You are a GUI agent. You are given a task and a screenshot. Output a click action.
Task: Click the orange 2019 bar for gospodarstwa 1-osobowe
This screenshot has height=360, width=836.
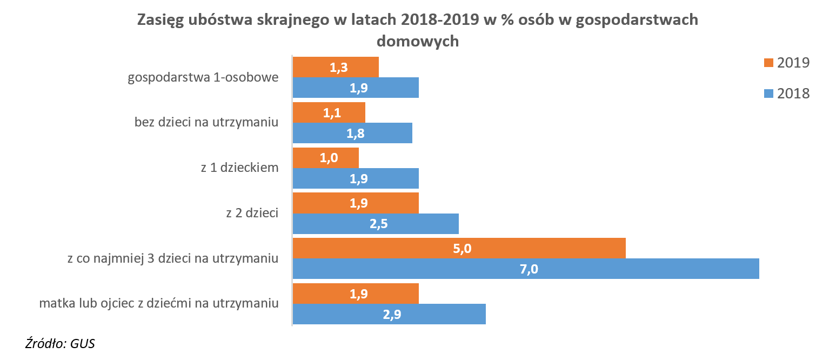pos(336,67)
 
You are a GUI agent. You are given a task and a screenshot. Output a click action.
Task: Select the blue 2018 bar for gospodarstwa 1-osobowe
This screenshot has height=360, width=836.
pos(356,88)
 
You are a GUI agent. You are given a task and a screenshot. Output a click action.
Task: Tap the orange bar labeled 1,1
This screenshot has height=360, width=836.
pos(329,112)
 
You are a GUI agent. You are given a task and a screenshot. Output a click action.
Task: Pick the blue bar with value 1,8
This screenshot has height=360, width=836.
pos(352,133)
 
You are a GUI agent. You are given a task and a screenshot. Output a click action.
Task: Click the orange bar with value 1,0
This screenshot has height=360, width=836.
pos(326,158)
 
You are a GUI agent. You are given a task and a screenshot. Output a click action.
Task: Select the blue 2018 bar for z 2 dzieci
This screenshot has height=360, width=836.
pos(376,224)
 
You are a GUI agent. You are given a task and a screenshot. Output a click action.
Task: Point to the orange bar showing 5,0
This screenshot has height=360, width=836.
pos(459,248)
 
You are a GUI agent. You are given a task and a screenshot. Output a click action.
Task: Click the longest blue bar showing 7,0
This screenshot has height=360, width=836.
pos(526,269)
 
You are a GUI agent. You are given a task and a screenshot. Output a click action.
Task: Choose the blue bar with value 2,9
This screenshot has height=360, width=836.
pos(389,314)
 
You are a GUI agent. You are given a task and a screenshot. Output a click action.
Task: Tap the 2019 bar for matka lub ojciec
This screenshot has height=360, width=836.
pos(356,294)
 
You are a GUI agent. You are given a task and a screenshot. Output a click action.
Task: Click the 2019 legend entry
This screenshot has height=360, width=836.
pos(786,63)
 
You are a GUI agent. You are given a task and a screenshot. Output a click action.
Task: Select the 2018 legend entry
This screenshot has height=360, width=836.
pos(786,94)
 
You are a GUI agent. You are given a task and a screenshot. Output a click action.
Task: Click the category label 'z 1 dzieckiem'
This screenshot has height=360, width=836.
pos(239,168)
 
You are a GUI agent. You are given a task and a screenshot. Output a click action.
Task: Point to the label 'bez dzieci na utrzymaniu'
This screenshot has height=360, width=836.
pos(206,122)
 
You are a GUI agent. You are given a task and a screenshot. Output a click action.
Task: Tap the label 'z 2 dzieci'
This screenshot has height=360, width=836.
pos(252,213)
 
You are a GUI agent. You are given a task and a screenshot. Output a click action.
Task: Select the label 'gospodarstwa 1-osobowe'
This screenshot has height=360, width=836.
pos(203,77)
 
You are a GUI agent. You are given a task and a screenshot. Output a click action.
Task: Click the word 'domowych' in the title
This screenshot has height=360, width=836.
pos(417,41)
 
